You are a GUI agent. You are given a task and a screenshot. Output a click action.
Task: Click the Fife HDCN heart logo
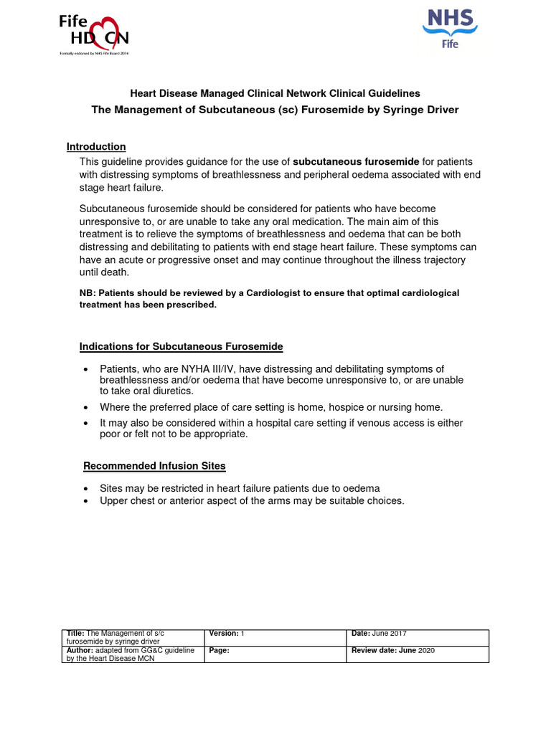94,33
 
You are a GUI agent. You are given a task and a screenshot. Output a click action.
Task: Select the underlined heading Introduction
96,147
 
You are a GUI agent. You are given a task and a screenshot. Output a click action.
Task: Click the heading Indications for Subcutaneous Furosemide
181,347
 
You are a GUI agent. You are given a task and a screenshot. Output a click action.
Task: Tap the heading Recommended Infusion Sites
154,466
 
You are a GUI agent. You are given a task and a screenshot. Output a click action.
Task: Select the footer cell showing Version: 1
276,637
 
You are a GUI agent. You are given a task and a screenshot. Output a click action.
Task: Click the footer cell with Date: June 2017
418,637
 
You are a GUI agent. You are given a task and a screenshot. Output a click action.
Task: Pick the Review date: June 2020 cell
418,654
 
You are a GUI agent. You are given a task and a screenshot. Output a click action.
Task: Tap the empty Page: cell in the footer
276,654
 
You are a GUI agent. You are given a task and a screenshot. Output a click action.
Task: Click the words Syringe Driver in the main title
418,110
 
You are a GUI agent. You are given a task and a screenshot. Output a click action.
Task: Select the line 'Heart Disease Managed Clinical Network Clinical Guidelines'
275,94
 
